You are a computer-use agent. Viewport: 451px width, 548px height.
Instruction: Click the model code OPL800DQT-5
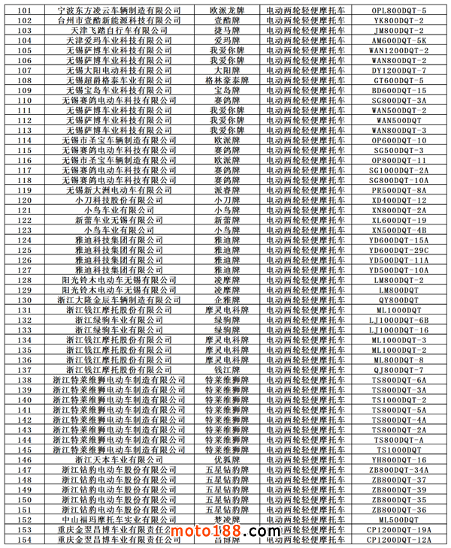[398, 11]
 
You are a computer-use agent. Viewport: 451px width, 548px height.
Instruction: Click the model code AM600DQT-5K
[398, 41]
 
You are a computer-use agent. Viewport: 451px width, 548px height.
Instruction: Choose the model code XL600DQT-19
[398, 220]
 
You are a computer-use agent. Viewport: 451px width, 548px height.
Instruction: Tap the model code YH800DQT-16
[398, 459]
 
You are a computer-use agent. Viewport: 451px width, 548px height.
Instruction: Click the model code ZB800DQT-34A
[398, 469]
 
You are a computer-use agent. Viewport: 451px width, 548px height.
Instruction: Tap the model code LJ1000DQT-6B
[398, 320]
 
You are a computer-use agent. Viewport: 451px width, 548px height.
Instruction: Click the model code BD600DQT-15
[398, 90]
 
